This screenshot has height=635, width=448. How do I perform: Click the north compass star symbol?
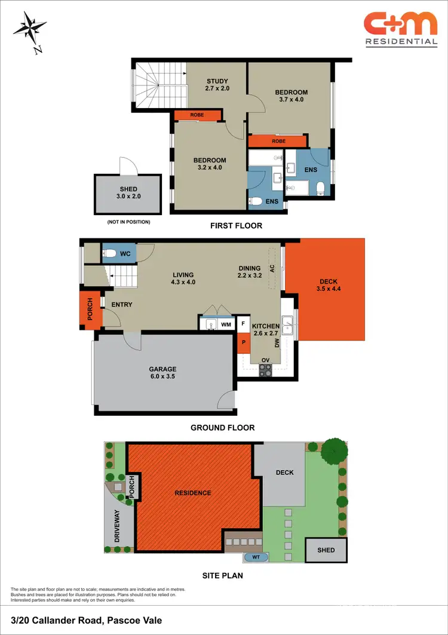click(28, 29)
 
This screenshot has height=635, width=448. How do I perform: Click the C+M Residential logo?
click(401, 29)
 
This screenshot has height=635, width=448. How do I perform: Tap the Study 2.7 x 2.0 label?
click(217, 85)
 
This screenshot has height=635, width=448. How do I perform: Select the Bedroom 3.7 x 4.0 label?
click(291, 96)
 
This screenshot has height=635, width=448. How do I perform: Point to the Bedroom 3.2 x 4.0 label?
click(209, 164)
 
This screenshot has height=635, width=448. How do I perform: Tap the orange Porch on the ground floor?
click(90, 309)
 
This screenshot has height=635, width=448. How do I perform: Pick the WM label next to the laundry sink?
click(226, 324)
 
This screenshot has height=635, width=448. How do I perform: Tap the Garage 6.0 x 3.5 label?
click(164, 373)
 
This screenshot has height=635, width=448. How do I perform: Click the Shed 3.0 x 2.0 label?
click(128, 193)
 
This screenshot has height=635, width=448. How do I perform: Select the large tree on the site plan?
click(334, 453)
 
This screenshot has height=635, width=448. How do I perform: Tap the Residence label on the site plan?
click(193, 493)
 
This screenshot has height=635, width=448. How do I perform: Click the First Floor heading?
click(236, 226)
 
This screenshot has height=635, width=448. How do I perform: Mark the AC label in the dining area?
click(272, 269)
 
